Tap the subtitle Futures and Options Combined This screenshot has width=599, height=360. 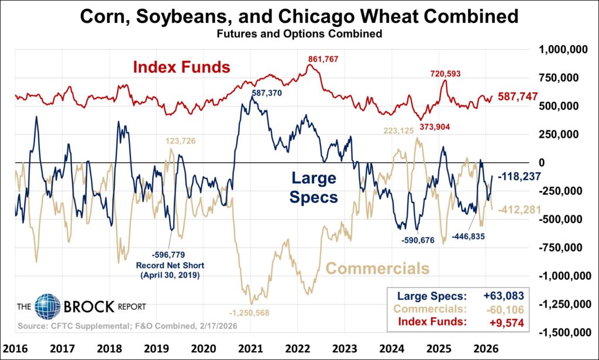299,34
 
